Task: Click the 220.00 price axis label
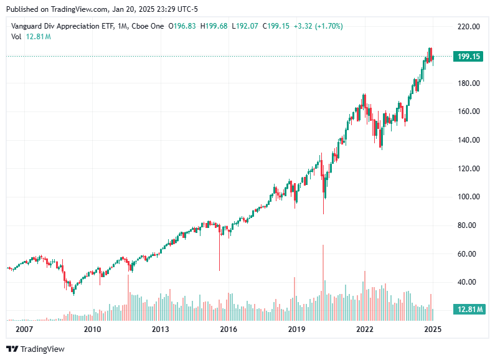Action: [468, 27]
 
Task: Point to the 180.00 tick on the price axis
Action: [468, 83]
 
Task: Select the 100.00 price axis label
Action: [468, 197]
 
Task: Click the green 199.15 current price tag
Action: [468, 56]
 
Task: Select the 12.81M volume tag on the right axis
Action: [468, 310]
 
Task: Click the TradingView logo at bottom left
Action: [35, 349]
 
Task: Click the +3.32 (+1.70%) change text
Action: [316, 26]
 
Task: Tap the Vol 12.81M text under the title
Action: [31, 37]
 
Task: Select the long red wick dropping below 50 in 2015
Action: [219, 252]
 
